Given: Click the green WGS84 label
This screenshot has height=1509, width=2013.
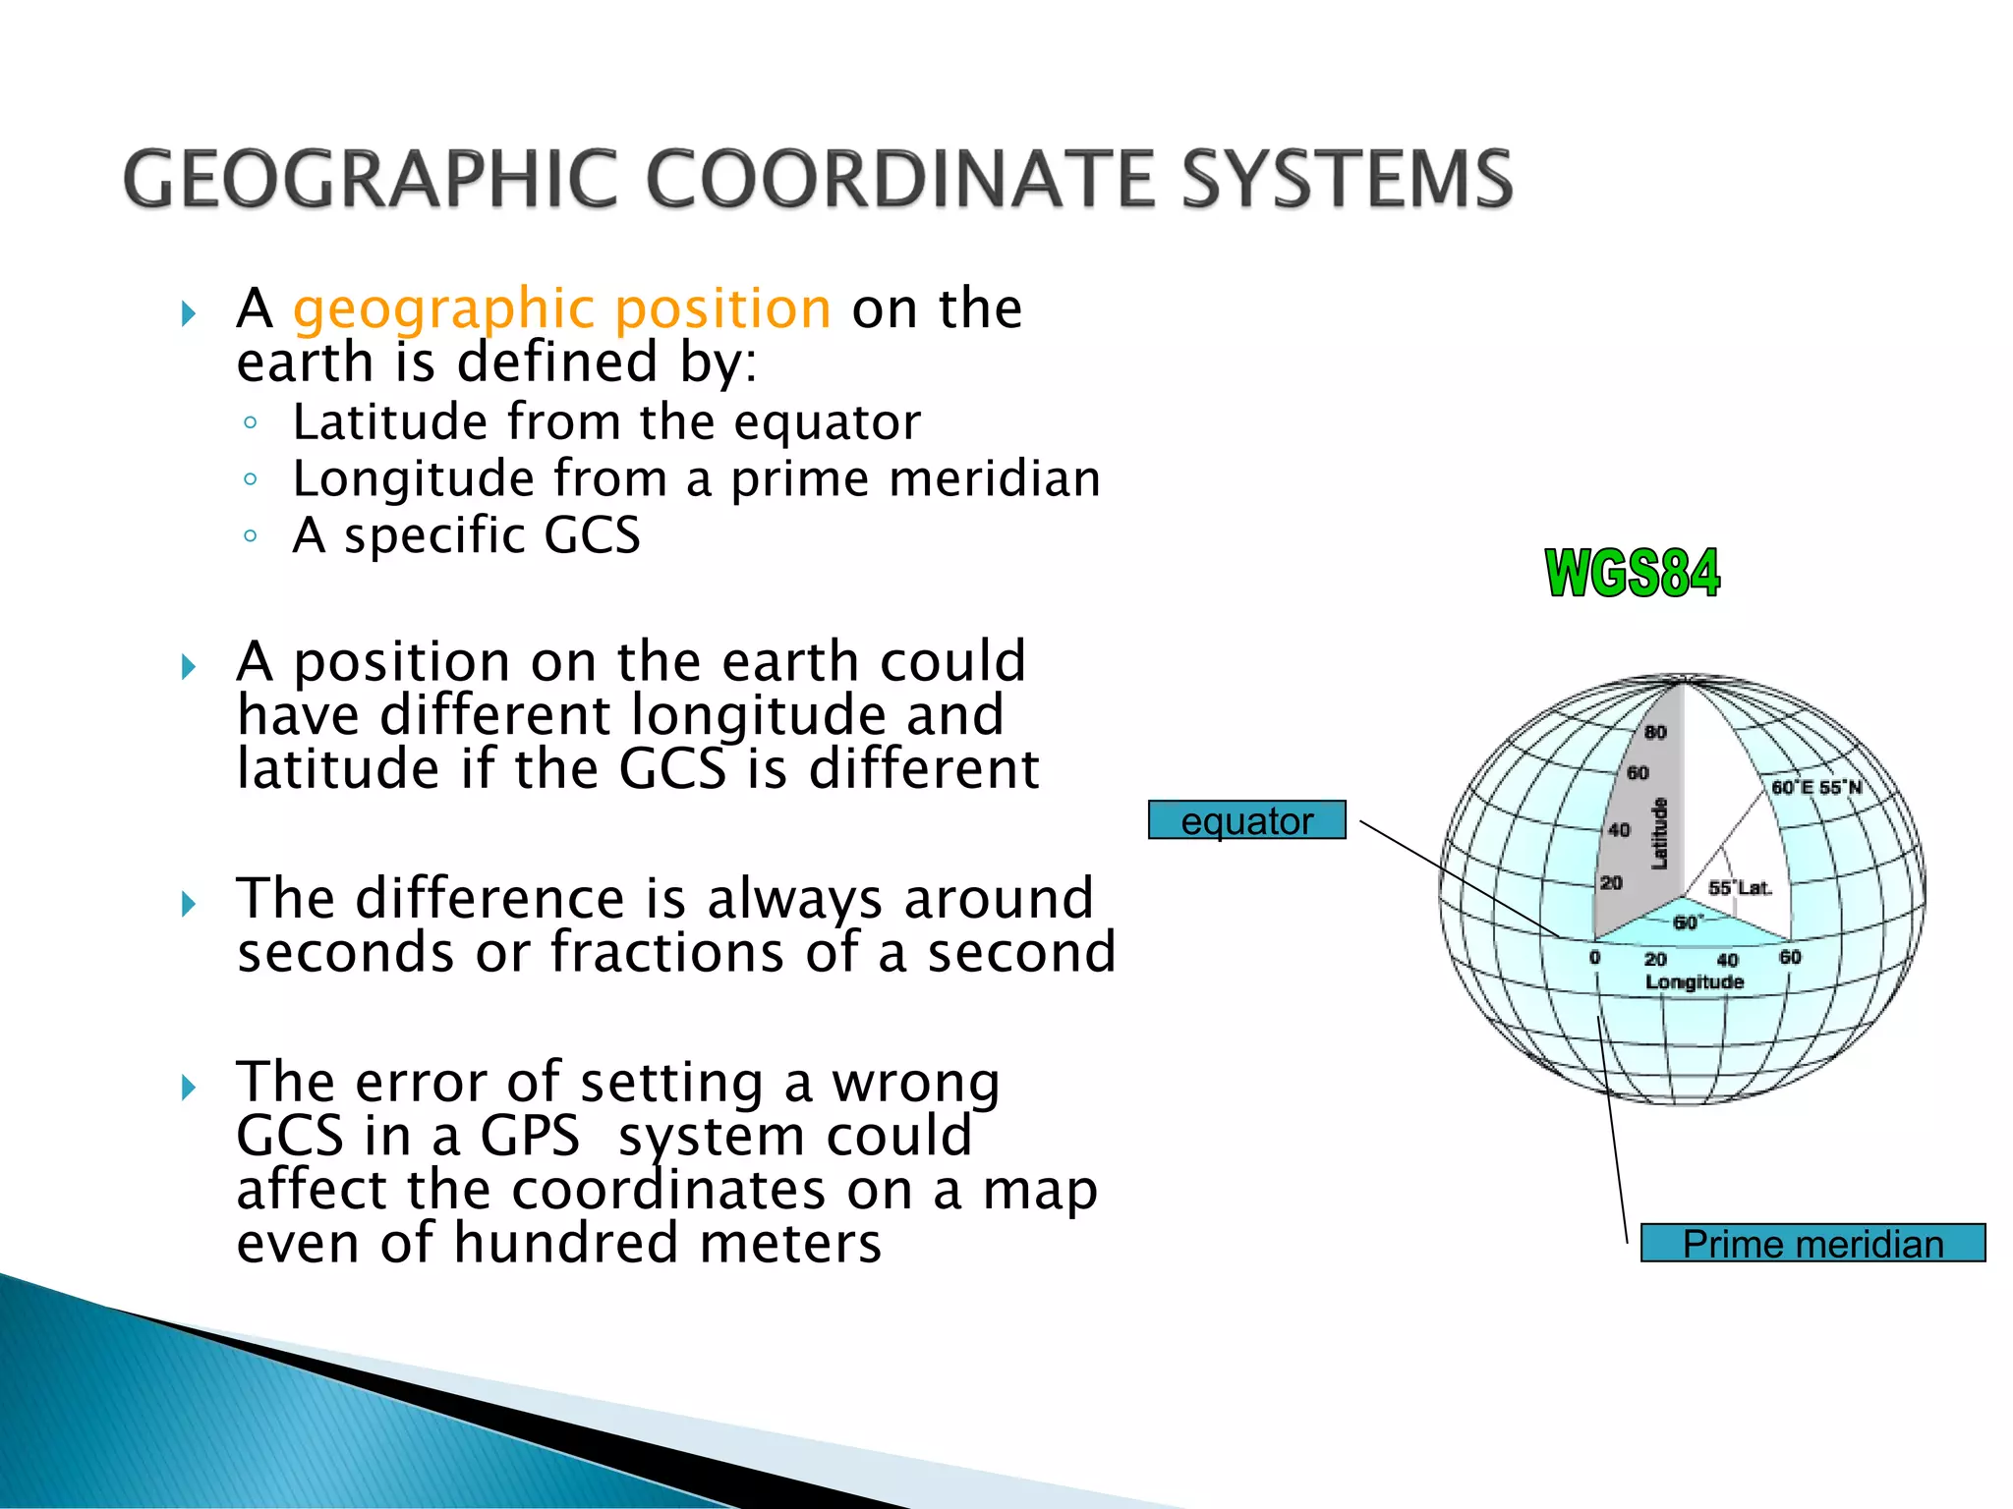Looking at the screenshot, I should coord(1632,574).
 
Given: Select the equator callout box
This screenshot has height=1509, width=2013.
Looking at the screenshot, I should coord(1246,820).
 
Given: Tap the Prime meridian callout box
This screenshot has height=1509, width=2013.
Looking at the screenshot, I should coord(1812,1244).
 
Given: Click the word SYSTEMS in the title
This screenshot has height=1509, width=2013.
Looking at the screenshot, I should coord(1347,179).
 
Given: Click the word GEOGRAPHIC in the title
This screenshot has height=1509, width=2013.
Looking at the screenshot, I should coord(369,179).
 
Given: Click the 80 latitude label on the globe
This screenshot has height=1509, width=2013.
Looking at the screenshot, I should coord(1655,732).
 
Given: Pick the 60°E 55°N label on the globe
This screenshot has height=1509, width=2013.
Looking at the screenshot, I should coord(1816,787).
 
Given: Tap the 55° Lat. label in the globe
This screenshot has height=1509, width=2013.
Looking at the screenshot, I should coord(1739,888).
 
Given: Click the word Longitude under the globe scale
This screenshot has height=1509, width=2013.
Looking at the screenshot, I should coord(1695,981).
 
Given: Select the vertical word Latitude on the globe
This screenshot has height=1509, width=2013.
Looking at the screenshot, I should coord(1659,833).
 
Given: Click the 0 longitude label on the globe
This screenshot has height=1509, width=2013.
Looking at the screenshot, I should coord(1594,957).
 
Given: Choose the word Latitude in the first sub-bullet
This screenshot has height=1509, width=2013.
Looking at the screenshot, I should coord(389,422).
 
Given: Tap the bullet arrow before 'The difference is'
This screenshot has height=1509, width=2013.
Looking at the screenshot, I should coord(189,904).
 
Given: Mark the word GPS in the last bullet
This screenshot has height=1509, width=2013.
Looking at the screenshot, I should coord(530,1137).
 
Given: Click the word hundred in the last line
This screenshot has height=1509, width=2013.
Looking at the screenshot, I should coord(565,1244).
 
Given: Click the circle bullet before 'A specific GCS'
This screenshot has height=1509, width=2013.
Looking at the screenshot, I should coord(251,536).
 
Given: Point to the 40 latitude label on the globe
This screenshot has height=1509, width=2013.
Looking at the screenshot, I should coord(1618,830).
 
